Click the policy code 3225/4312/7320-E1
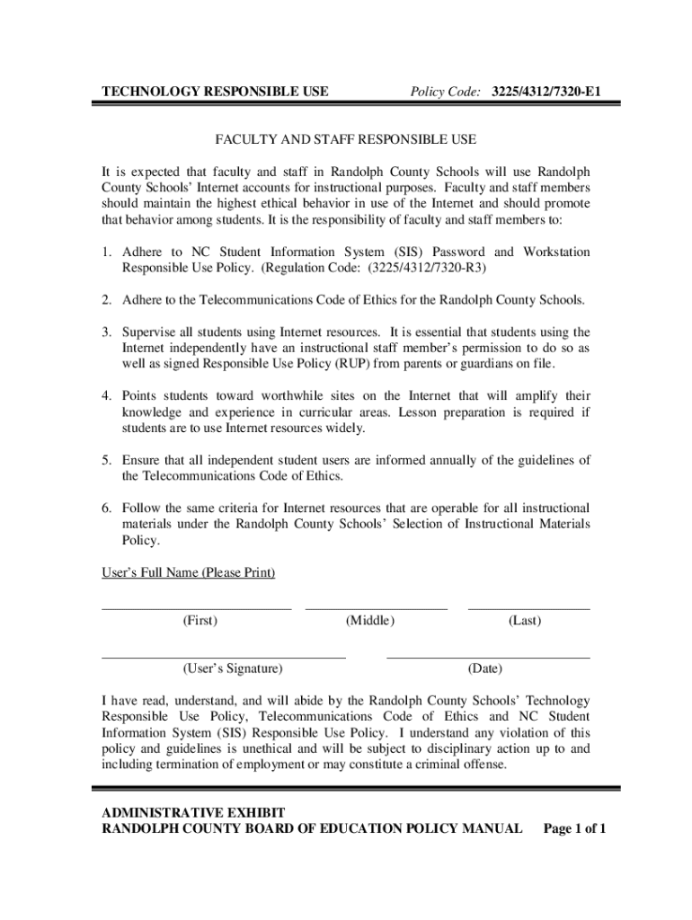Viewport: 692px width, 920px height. [x=546, y=92]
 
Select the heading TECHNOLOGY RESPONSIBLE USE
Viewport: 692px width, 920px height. [x=214, y=92]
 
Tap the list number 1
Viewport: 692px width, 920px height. [x=106, y=252]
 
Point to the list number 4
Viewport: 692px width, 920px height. [x=106, y=395]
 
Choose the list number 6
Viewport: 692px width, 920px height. [x=106, y=508]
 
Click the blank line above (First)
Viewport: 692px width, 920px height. [x=197, y=609]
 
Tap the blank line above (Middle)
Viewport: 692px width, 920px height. [x=376, y=609]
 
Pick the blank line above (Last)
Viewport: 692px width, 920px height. [x=528, y=609]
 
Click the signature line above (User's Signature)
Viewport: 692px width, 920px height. [x=224, y=658]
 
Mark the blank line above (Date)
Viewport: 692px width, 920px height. [x=488, y=658]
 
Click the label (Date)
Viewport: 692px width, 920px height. [x=485, y=669]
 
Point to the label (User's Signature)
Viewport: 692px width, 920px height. [x=233, y=669]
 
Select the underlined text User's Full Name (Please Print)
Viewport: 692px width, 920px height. [x=188, y=572]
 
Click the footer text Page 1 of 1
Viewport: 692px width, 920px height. [x=575, y=827]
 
